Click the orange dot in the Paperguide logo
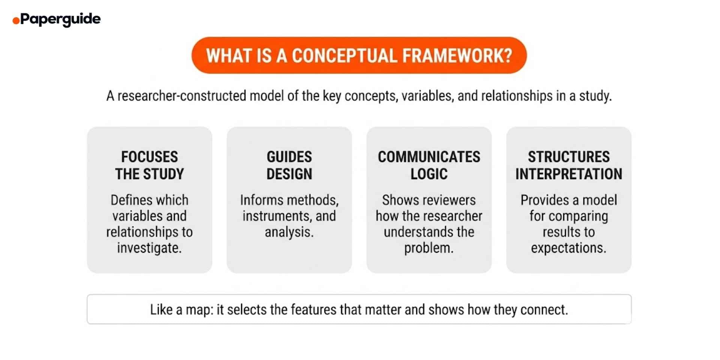click(x=16, y=21)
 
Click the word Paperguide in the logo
click(x=60, y=19)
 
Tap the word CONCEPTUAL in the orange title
click(x=344, y=55)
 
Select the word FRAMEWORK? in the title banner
click(x=457, y=55)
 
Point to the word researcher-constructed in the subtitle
click(x=181, y=96)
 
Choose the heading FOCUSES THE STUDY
click(x=149, y=165)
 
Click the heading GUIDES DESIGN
click(x=289, y=165)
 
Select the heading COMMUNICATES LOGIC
click(x=429, y=165)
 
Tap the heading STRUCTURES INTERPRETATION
click(x=568, y=165)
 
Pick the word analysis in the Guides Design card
click(x=288, y=232)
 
